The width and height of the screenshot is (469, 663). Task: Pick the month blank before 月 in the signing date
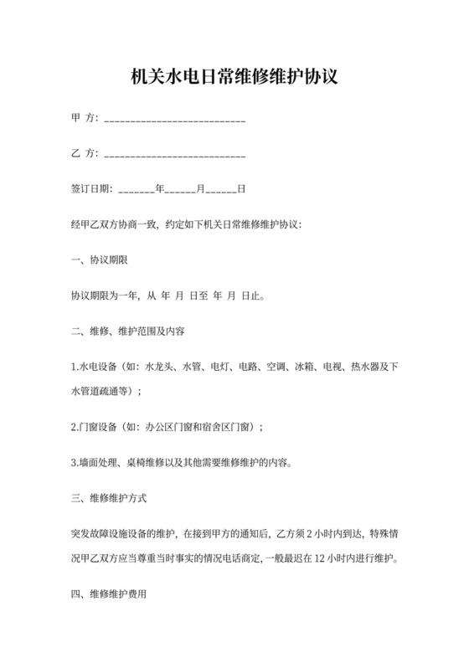[180, 189]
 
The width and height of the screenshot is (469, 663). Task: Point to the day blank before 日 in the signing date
[221, 189]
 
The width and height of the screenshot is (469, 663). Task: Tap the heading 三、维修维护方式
[109, 497]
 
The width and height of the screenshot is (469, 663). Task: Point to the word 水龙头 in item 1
[160, 367]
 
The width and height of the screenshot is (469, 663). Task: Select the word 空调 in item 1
[276, 367]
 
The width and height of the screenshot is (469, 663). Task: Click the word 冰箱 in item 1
[304, 367]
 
